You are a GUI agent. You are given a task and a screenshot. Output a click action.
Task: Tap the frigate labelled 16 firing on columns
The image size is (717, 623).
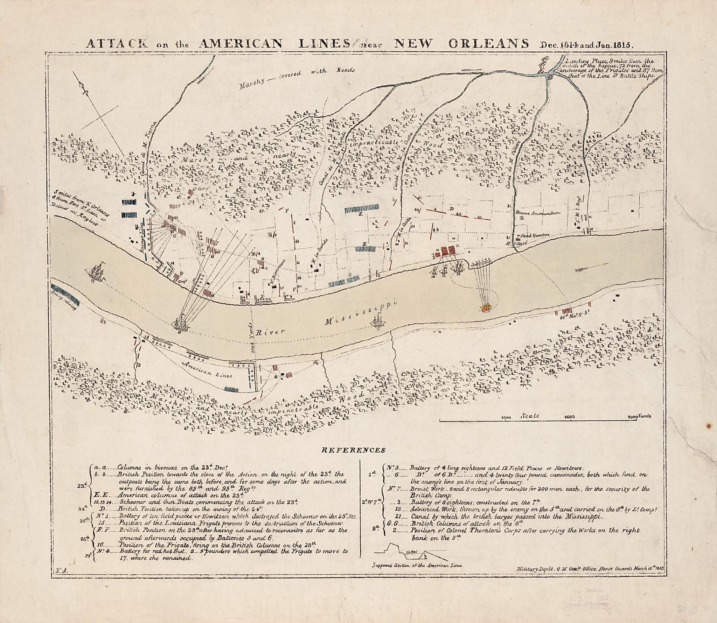coord(181,321)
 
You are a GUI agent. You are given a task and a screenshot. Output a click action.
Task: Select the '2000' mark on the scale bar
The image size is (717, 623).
coord(570,417)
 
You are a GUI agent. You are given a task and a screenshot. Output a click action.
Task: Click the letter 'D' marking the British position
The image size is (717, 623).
coord(452,209)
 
